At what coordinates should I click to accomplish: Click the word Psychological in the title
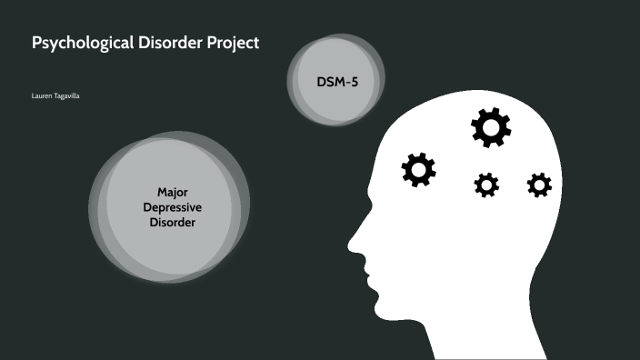[75, 44]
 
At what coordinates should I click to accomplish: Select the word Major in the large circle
[173, 192]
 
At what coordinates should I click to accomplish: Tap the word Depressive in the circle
[173, 206]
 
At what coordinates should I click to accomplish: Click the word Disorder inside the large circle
[173, 222]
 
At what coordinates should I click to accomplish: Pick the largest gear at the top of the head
[491, 128]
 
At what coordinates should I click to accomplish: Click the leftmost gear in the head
[419, 169]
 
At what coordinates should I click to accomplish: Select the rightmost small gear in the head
[539, 185]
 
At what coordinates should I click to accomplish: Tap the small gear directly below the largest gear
[486, 185]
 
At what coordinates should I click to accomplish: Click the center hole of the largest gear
[491, 128]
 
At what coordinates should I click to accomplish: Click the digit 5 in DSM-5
[354, 83]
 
